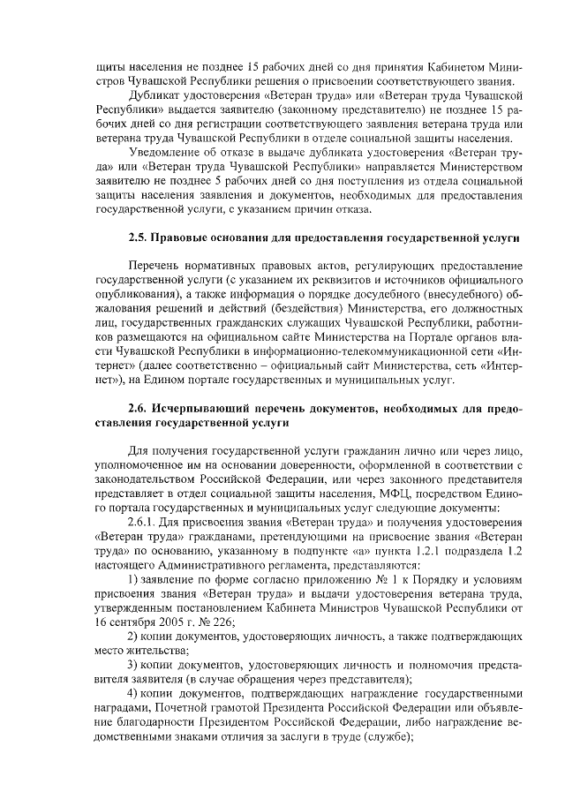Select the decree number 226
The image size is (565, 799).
pyautogui.click(x=214, y=621)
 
